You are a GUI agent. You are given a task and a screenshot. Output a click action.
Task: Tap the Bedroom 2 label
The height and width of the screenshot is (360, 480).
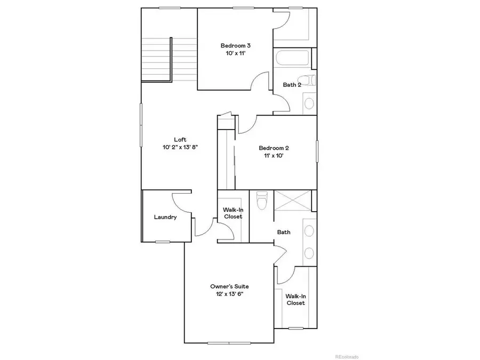click(274, 148)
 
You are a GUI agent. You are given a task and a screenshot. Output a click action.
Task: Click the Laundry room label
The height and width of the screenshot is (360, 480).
click(165, 217)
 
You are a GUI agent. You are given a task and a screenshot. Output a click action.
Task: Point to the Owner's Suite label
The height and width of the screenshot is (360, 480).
click(229, 286)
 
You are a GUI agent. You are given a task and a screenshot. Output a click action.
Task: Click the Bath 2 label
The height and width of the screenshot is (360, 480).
click(292, 85)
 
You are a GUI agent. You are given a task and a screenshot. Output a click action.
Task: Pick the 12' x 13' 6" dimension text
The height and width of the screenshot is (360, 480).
click(229, 294)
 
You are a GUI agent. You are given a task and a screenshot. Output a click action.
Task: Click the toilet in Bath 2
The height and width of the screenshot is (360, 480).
click(313, 81)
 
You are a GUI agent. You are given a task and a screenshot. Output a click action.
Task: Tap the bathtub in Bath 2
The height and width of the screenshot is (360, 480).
click(292, 59)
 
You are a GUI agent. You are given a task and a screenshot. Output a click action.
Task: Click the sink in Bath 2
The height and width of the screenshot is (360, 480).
click(309, 102)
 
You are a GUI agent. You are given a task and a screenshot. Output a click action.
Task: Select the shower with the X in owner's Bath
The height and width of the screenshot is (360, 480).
click(293, 202)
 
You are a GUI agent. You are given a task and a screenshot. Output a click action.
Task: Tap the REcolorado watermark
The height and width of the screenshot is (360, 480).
click(347, 356)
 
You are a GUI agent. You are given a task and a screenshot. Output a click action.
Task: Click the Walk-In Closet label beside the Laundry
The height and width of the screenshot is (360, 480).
click(233, 213)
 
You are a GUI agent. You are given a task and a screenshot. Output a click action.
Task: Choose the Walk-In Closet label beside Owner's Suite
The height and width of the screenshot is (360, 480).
click(295, 299)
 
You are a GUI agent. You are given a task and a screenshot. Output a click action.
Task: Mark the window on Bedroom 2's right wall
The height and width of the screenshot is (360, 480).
click(317, 151)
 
